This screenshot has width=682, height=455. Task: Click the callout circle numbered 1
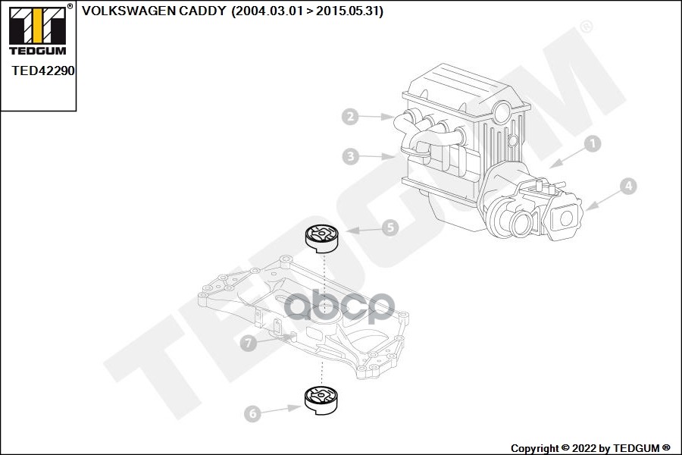coord(593,143)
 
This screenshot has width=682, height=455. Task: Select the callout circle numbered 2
coord(349,117)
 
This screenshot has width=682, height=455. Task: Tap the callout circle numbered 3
coord(349,157)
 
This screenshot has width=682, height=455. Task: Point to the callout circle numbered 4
coord(628,186)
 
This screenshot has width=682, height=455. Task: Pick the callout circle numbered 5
coord(389,227)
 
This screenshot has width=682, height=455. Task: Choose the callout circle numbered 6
coord(252,414)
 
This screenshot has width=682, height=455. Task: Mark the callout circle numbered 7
coord(246,344)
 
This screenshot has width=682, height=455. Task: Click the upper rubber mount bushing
coord(323,238)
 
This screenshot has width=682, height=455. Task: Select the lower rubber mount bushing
coord(321,400)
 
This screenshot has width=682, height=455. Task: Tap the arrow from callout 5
coord(360,230)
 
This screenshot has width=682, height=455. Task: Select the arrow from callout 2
coord(377,117)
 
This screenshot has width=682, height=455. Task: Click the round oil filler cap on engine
coord(502,114)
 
